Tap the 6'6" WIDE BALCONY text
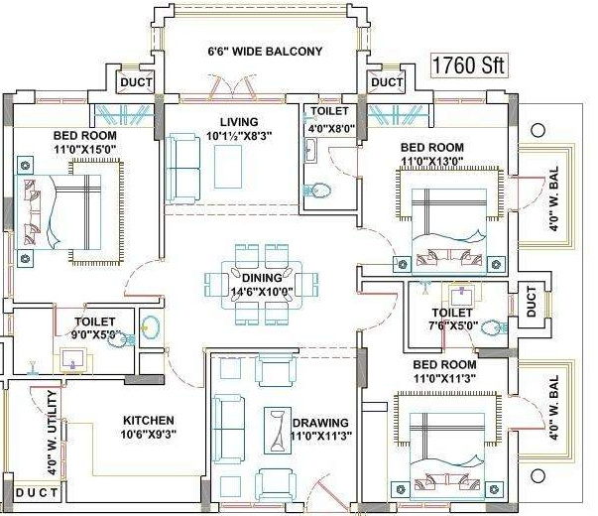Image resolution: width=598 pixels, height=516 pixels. pos(265,51)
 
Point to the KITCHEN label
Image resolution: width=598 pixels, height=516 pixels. pos(149,420)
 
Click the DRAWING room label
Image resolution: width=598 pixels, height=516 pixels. pos(320,422)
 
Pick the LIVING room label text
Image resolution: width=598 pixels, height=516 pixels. pos(225,121)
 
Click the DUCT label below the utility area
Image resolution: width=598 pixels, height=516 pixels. pos(37,493)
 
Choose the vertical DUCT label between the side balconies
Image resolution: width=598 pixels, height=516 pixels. pos(533,302)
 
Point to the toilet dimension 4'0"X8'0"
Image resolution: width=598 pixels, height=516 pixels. pos(329,128)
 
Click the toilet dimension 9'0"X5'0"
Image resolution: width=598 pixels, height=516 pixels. pos(96,334)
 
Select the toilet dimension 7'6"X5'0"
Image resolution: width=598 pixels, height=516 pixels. pos(452,324)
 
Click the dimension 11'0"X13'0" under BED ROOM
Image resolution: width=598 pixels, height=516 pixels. pos(431,161)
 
